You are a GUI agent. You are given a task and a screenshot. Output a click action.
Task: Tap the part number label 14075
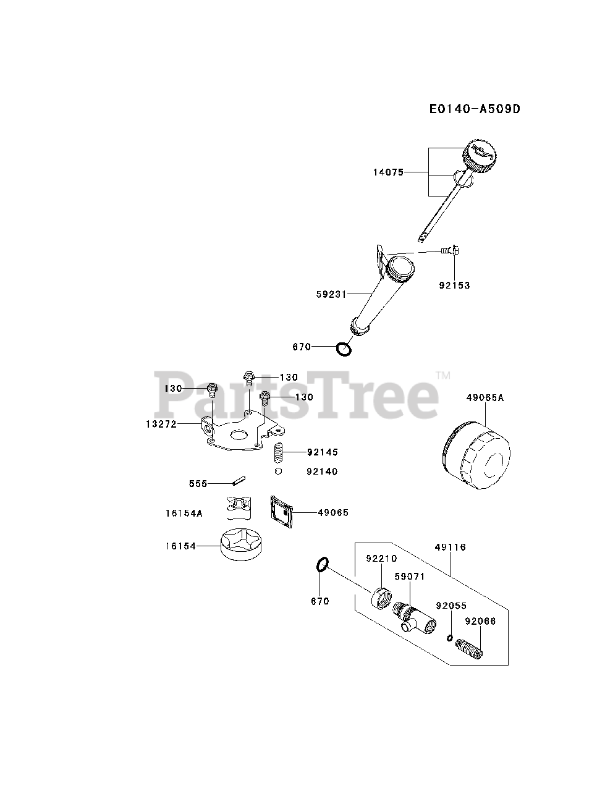(x=387, y=172)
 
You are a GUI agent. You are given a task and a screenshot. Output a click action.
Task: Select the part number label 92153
(x=454, y=286)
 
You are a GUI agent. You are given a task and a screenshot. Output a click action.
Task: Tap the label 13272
(x=161, y=424)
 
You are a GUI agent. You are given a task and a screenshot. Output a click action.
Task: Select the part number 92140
(x=322, y=472)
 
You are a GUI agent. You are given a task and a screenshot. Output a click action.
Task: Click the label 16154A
(x=184, y=513)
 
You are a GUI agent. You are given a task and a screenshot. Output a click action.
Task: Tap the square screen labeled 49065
(x=281, y=511)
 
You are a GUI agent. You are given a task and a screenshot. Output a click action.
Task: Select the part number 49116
(x=450, y=548)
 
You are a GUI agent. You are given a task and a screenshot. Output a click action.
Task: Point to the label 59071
(x=409, y=576)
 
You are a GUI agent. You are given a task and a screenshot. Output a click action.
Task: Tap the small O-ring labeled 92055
(x=451, y=638)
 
